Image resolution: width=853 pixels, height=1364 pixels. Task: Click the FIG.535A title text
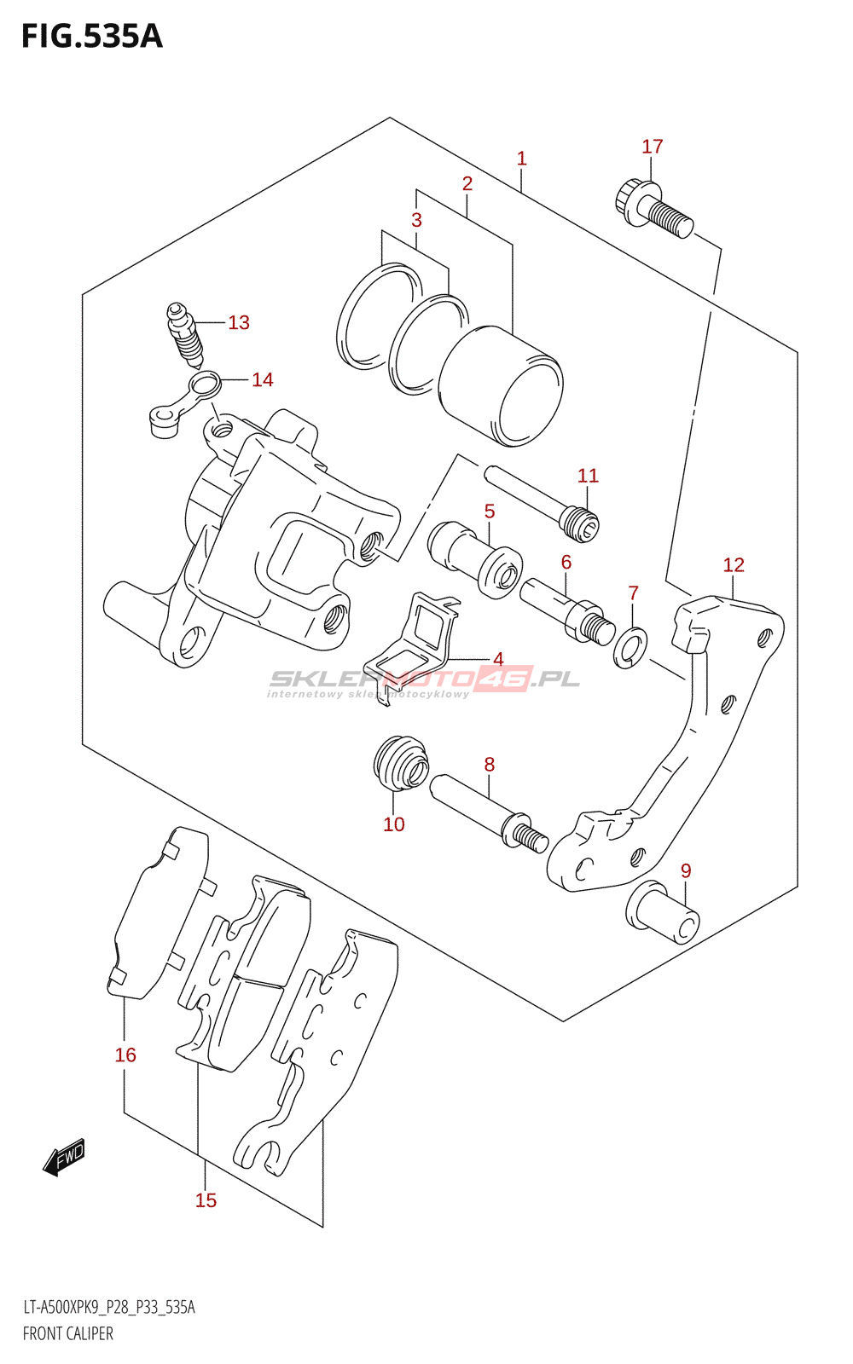coord(92,37)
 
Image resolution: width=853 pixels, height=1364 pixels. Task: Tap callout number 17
coord(653,147)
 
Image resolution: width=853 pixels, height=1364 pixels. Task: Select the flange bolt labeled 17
coord(653,208)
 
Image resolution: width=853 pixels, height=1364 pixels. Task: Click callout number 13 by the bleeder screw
coord(239,322)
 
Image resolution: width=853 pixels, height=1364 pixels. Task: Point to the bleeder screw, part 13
coord(185,333)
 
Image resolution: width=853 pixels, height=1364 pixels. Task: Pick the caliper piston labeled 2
coord(501,385)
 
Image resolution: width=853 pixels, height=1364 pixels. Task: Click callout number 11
coord(589,476)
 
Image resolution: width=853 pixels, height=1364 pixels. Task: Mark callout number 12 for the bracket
coord(734,565)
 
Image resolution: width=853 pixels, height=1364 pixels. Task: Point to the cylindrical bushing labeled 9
coord(663,911)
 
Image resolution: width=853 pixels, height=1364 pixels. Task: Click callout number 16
coord(125,1055)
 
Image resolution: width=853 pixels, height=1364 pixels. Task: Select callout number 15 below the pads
coord(206,1200)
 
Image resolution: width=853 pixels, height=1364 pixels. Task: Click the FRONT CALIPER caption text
coord(68,1333)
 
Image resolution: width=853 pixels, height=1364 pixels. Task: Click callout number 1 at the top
coord(522,159)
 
